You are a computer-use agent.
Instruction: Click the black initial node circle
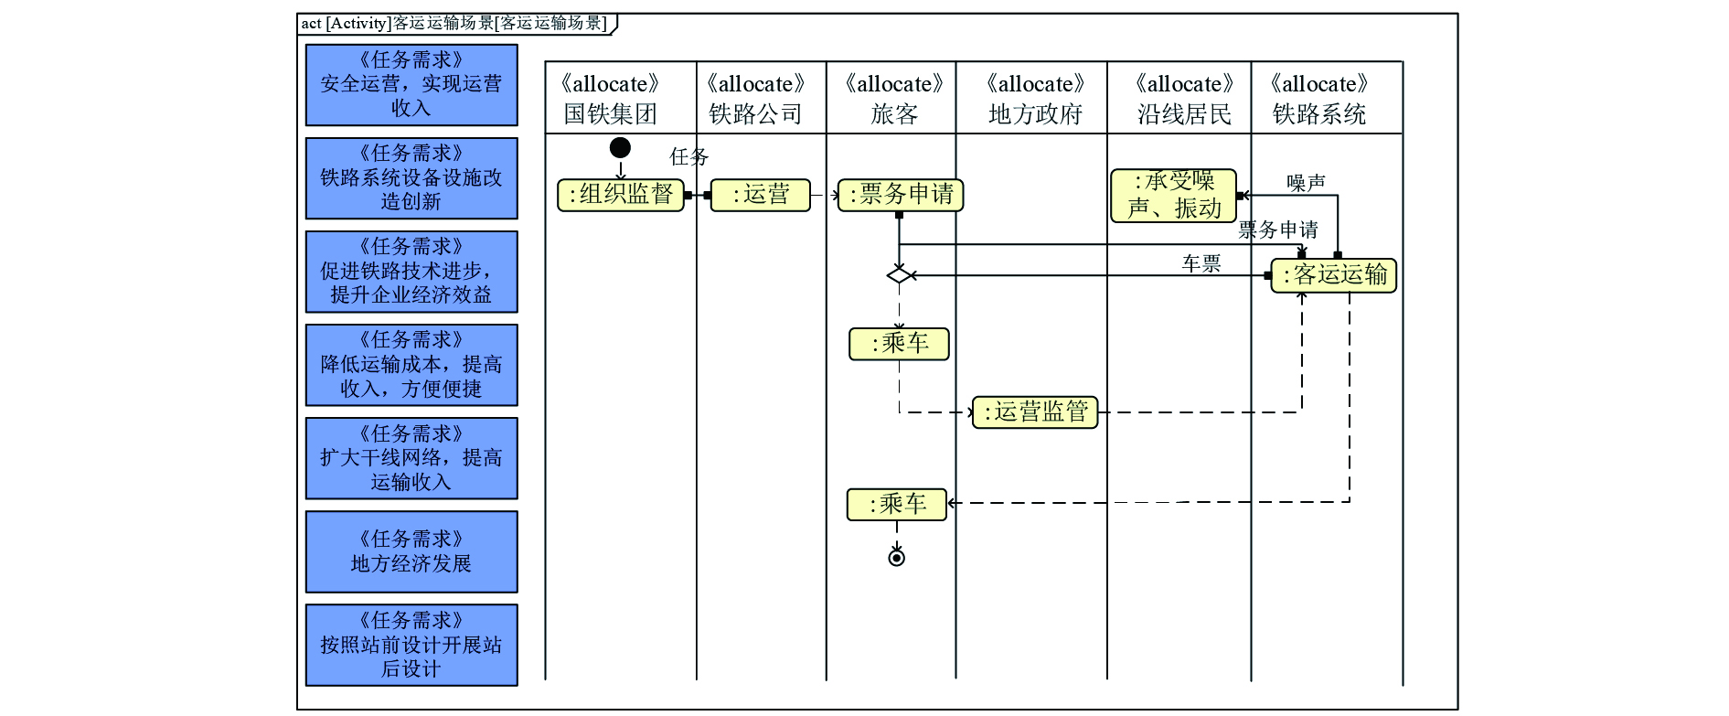[x=620, y=147]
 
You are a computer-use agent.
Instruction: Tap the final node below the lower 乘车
[x=897, y=558]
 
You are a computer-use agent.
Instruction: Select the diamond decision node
[x=900, y=274]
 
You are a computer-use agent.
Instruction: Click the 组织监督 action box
[x=621, y=195]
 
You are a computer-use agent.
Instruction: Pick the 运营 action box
[x=761, y=195]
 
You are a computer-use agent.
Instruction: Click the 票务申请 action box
[x=901, y=195]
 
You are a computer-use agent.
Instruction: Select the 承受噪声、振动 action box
[x=1173, y=196]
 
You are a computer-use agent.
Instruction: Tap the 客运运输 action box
[x=1334, y=275]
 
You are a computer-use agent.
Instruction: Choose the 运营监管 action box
[x=1035, y=412]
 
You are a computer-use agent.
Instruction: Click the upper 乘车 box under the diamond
[x=900, y=344]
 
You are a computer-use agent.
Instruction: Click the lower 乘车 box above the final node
[x=897, y=505]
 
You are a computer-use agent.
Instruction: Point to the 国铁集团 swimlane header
[x=610, y=99]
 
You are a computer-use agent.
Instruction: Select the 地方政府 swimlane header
[x=1034, y=99]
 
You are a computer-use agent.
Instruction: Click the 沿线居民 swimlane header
[x=1183, y=99]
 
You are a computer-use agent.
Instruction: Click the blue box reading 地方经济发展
[x=411, y=551]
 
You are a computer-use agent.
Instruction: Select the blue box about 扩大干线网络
[x=411, y=458]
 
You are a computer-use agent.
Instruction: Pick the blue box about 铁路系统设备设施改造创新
[x=411, y=178]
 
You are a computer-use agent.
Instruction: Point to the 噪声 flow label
[x=1306, y=183]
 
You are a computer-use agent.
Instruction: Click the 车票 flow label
[x=1201, y=263]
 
